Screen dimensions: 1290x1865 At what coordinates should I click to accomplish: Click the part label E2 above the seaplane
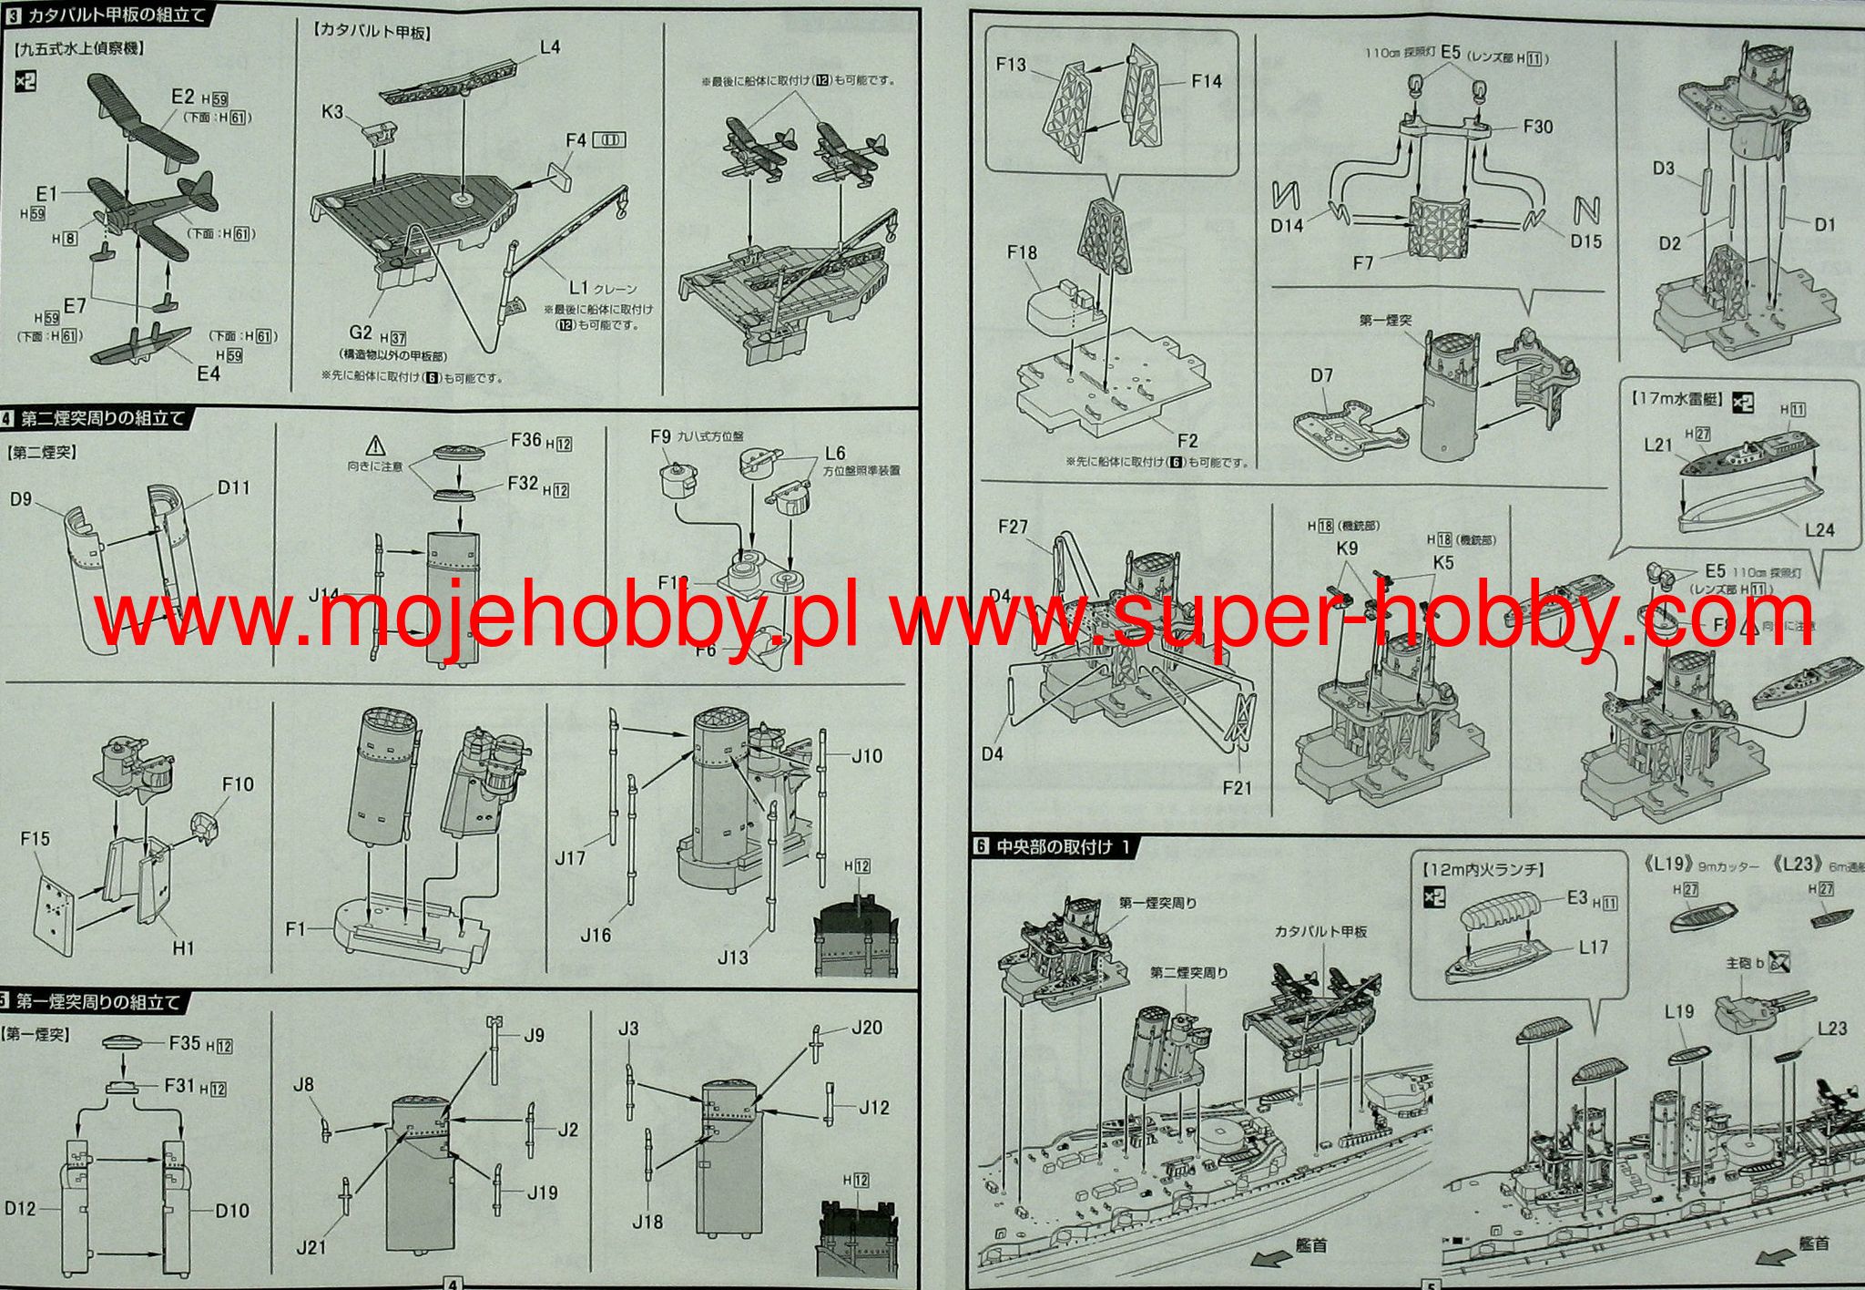pyautogui.click(x=182, y=97)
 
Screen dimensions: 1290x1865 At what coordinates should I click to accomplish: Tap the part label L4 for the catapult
pyautogui.click(x=550, y=46)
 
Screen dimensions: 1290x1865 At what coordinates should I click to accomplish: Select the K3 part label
pyautogui.click(x=332, y=111)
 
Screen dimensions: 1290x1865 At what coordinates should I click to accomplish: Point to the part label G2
pyautogui.click(x=361, y=333)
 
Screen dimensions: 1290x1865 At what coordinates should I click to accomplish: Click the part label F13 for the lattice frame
pyautogui.click(x=1011, y=65)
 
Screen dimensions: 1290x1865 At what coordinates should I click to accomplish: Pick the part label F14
pyautogui.click(x=1207, y=81)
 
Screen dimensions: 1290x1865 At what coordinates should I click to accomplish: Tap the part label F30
pyautogui.click(x=1538, y=127)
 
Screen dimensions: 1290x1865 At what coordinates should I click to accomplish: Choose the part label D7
pyautogui.click(x=1321, y=375)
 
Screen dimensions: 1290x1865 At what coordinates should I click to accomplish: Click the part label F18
pyautogui.click(x=1022, y=252)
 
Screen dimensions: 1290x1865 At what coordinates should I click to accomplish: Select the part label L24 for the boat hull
pyautogui.click(x=1819, y=529)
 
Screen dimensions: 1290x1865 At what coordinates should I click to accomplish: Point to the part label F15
pyautogui.click(x=36, y=838)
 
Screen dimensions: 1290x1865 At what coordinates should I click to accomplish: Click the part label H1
pyautogui.click(x=183, y=948)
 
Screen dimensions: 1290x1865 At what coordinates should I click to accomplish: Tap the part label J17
pyautogui.click(x=571, y=858)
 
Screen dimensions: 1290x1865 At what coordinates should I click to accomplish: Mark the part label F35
pyautogui.click(x=184, y=1042)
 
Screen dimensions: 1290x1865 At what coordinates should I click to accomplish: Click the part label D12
pyautogui.click(x=20, y=1208)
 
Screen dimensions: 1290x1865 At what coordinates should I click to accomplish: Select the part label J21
pyautogui.click(x=311, y=1246)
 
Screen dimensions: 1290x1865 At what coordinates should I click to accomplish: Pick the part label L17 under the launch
pyautogui.click(x=1594, y=947)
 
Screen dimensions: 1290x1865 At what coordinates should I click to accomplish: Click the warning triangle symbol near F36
pyautogui.click(x=376, y=445)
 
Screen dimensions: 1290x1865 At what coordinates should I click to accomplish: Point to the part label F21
pyautogui.click(x=1238, y=787)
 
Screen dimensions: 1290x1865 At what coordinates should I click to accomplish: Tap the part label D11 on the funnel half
pyautogui.click(x=234, y=487)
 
